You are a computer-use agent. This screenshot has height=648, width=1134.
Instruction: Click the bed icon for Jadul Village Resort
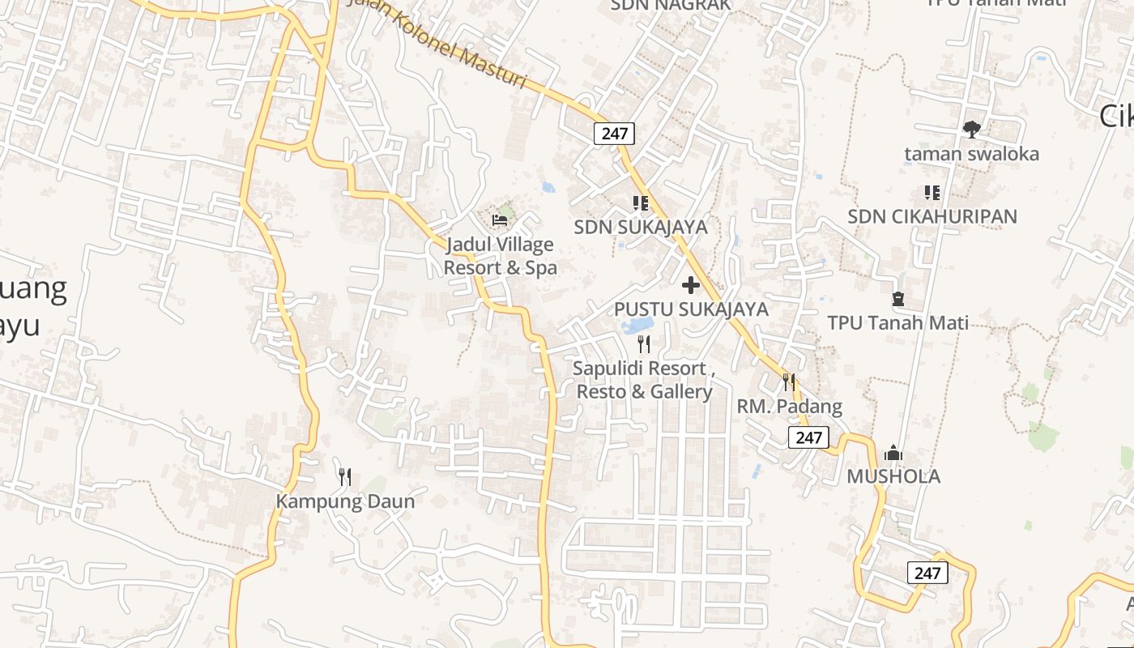(500, 220)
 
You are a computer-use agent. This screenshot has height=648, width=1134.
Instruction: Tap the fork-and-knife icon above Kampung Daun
(345, 476)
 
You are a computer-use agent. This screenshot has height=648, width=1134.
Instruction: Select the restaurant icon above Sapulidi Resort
(644, 344)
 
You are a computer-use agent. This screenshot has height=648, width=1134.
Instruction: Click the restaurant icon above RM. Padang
(788, 382)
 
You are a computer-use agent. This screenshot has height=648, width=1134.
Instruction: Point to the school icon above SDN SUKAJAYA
(641, 202)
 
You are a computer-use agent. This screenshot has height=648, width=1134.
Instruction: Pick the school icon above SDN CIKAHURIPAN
(932, 193)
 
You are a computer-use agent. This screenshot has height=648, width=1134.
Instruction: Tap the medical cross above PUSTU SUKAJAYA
(691, 285)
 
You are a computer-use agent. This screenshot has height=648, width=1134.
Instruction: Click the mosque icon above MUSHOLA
(893, 452)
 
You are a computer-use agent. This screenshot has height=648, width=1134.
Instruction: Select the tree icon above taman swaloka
(972, 129)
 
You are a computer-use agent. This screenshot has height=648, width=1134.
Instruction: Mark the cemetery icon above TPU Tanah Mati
(897, 299)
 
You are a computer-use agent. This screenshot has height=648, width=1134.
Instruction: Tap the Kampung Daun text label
(345, 501)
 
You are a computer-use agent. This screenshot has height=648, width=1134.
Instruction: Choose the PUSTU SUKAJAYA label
(691, 309)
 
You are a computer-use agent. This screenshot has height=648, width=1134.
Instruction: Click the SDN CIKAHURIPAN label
(932, 217)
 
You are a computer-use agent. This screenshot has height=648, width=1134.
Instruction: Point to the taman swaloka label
(971, 154)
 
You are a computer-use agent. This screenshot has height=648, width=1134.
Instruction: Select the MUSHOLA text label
(893, 476)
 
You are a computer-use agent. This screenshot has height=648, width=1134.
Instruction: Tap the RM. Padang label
(789, 406)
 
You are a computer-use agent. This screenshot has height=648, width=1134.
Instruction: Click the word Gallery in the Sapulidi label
(682, 392)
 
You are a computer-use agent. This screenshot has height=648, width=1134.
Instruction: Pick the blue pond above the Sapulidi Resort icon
(637, 326)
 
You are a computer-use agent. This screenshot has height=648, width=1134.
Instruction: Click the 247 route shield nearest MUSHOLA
(808, 437)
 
